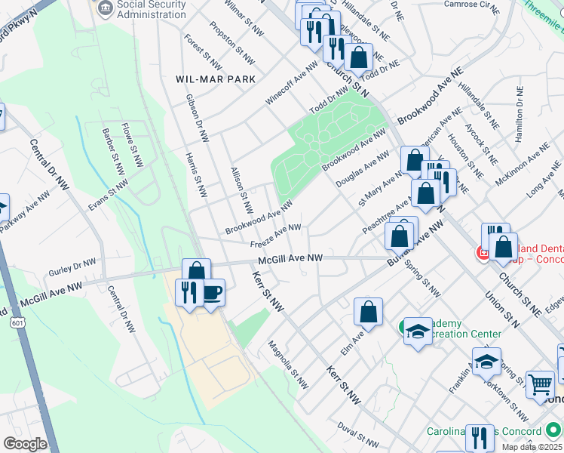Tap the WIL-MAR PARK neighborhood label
pos(216,79)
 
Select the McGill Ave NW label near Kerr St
pos(290,259)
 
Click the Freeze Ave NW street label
pos(276,236)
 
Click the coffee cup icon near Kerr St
pos(213,291)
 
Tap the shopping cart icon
pos(540,384)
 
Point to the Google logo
pos(25,443)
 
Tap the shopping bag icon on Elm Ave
pos(369,311)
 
